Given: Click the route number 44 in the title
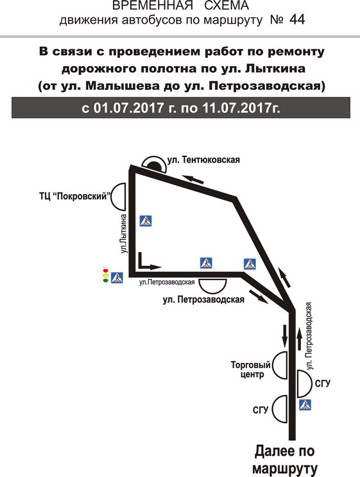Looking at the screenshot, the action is coord(297,20).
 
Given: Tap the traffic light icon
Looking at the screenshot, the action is coord(106,275).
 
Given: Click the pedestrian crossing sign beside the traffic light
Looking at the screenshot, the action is coord(117,278).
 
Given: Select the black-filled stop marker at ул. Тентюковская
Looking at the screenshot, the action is coord(154,165).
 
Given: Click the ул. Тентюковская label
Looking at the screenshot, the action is coord(203,160).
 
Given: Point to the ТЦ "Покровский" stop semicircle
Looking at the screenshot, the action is coord(118,197).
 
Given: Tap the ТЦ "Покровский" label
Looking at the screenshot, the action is coord(74,196).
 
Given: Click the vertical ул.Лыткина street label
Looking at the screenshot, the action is coord(123,233).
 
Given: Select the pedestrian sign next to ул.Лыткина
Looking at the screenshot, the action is coord(146,221).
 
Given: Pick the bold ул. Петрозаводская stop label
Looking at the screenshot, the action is coord(203,299).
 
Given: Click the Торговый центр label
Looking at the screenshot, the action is coord(251,369).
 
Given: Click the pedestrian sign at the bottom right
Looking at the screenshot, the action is coord(305,405).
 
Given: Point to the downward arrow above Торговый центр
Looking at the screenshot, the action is coord(285,335).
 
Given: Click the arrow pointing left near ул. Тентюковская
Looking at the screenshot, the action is coord(193,179).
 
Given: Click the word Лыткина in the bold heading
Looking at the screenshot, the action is coord(275,69).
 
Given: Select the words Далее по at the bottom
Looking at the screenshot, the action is coord(284,451).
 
